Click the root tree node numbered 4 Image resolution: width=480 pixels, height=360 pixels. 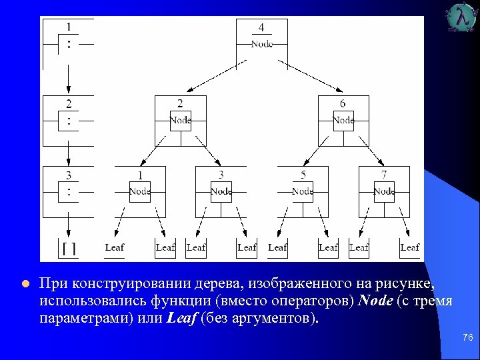(x=261, y=39)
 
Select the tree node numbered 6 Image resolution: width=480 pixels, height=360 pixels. (x=343, y=120)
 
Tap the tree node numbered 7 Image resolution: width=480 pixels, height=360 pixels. (x=384, y=191)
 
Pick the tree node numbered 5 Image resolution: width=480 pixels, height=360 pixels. (x=302, y=191)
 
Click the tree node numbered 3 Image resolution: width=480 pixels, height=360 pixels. (x=221, y=191)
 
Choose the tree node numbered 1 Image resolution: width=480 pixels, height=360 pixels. (x=139, y=191)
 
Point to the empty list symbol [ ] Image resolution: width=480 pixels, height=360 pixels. (x=69, y=248)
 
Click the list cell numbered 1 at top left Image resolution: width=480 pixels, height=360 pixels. (x=69, y=40)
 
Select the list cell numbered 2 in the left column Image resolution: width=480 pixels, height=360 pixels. (x=69, y=120)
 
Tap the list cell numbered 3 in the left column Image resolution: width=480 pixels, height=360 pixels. (x=69, y=191)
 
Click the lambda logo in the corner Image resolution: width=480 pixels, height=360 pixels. (x=463, y=17)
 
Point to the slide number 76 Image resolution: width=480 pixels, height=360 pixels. (x=467, y=338)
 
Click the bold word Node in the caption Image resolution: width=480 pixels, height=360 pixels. (x=375, y=301)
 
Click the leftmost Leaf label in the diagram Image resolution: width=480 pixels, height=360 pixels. (x=115, y=247)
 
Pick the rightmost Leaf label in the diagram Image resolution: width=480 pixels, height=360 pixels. (x=409, y=247)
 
